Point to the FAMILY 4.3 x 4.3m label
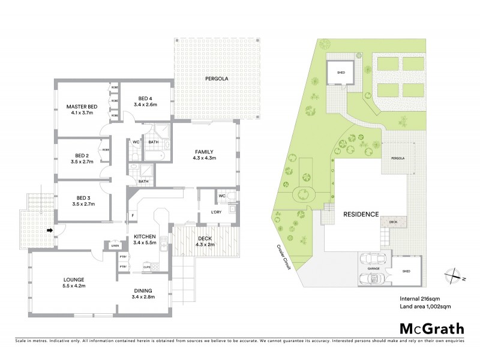point(205,154)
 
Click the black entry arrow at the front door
point(50,229)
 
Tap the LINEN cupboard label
point(114,245)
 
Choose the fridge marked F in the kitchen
point(133,215)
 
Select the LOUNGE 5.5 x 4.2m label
point(74,283)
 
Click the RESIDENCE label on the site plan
point(361,214)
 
